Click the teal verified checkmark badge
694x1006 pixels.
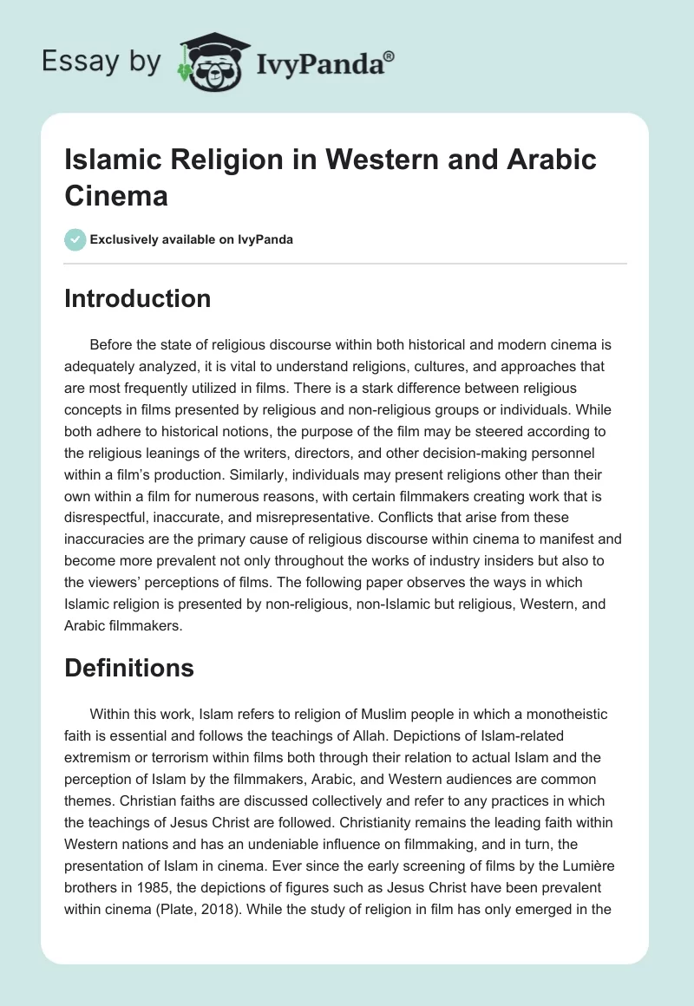[x=75, y=239]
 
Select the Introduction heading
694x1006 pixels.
[x=138, y=298]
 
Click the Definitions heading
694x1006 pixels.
[x=129, y=668]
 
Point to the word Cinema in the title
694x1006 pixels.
[x=116, y=195]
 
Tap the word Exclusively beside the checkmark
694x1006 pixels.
[x=128, y=239]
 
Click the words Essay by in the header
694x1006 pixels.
[x=101, y=62]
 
